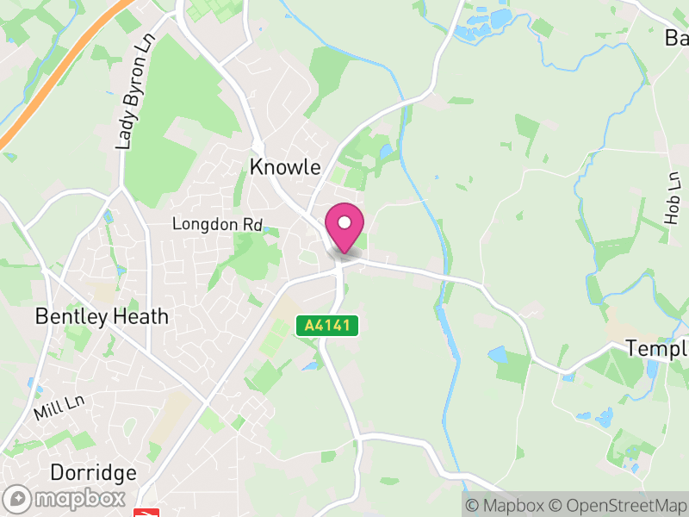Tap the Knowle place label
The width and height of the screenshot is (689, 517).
(x=285, y=167)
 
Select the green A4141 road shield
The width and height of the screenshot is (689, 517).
(x=326, y=326)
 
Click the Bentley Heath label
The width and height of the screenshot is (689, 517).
(x=102, y=317)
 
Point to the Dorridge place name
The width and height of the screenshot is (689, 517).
(x=93, y=473)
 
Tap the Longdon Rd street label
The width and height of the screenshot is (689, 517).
(x=217, y=224)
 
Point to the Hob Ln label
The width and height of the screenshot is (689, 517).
(x=673, y=198)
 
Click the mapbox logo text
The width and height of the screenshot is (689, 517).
(x=78, y=499)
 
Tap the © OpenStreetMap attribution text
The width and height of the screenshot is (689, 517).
(x=619, y=506)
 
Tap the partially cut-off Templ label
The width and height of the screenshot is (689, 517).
(x=656, y=349)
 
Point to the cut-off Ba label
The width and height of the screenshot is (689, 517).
(x=676, y=38)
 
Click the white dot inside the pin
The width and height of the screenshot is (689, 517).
(x=344, y=223)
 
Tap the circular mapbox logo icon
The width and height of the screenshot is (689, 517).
(x=19, y=499)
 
